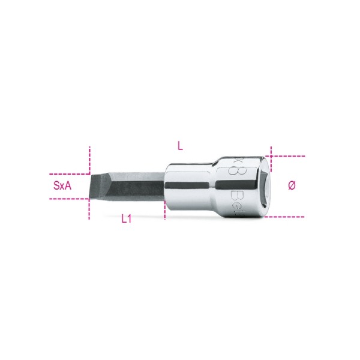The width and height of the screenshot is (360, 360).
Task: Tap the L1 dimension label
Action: click(x=126, y=220)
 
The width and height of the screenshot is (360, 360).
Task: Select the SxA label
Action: click(x=62, y=186)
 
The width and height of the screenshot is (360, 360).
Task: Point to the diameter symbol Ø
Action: click(x=292, y=185)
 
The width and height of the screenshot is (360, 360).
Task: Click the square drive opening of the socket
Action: click(x=268, y=186)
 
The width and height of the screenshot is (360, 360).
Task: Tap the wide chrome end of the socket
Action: click(x=246, y=186)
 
